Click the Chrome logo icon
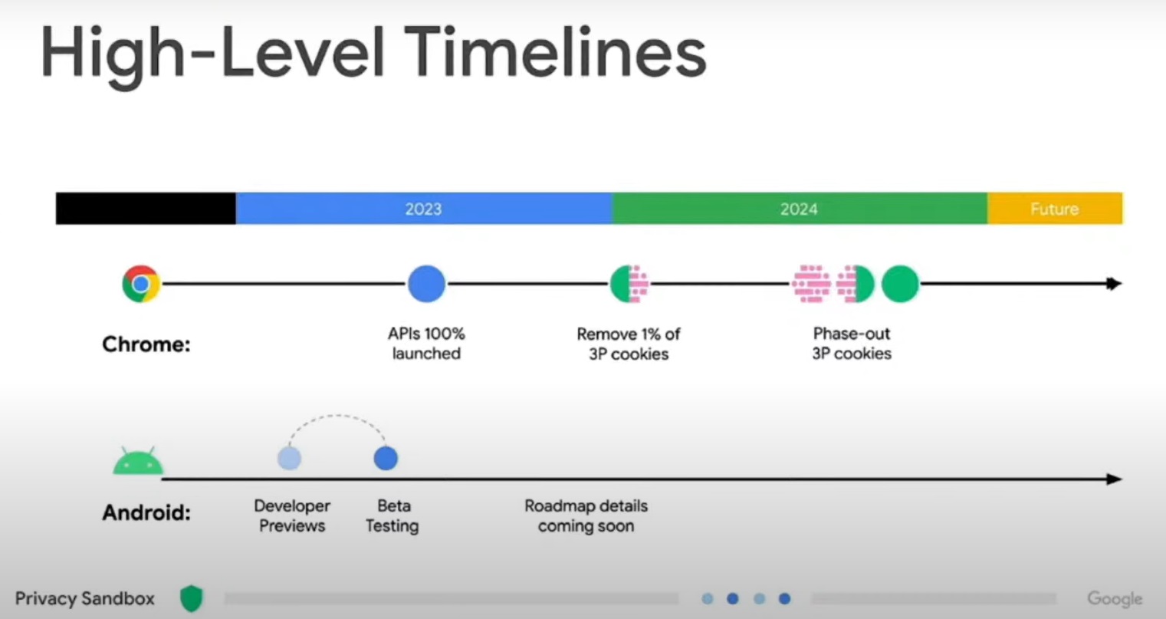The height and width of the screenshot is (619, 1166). [141, 284]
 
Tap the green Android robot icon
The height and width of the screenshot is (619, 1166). [138, 460]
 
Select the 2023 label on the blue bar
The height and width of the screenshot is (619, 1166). [423, 209]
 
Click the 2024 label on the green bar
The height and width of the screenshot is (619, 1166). [799, 209]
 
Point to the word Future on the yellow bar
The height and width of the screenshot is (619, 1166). [1055, 209]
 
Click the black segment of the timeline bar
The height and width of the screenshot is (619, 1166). [146, 209]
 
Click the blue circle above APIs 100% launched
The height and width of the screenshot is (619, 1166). [426, 284]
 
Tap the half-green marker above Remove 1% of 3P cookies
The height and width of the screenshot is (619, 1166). [629, 284]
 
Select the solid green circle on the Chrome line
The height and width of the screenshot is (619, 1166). [900, 284]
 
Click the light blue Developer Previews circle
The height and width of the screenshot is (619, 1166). [290, 459]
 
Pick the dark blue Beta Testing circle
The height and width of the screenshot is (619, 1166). [386, 459]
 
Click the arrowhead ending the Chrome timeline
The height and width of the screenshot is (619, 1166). [1113, 284]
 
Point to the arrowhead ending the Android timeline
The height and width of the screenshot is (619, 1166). [1113, 479]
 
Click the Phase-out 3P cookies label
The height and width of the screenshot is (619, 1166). [852, 344]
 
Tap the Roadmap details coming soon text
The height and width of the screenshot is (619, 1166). [586, 515]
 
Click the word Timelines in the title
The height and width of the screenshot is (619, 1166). [556, 52]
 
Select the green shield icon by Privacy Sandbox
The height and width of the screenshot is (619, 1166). [191, 598]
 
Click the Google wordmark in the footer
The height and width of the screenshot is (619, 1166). [1115, 599]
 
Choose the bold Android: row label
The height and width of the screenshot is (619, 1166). [146, 512]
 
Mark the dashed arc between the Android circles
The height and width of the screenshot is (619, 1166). [337, 416]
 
